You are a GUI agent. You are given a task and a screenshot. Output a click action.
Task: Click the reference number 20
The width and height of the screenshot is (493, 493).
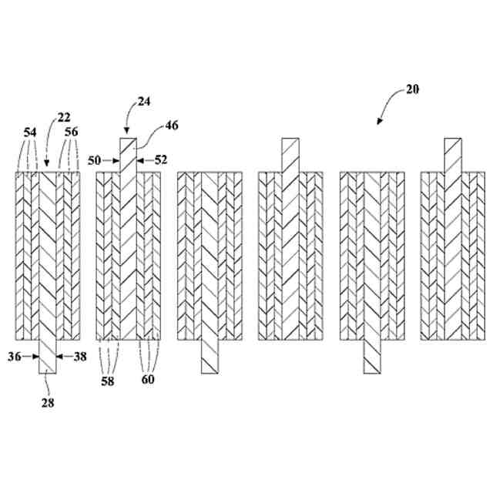[x=412, y=89]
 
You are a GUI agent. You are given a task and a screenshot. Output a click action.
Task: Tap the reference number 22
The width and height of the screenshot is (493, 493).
[x=63, y=117]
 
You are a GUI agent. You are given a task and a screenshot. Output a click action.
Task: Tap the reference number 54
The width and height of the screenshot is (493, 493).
[x=30, y=132]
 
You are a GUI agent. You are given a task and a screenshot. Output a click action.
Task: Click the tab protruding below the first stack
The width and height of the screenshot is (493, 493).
[x=48, y=357]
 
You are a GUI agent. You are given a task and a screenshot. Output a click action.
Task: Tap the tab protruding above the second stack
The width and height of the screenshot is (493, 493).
[x=127, y=156]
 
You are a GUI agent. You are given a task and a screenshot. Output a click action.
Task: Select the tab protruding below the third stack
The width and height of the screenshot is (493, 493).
[x=211, y=357]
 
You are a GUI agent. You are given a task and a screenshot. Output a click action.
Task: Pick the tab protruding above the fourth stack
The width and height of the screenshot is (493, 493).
[x=290, y=156]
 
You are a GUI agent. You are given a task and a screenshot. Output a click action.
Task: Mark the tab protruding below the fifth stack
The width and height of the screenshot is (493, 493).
[x=374, y=357]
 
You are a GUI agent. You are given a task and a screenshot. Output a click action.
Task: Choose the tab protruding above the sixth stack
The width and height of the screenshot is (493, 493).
[x=453, y=156]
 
